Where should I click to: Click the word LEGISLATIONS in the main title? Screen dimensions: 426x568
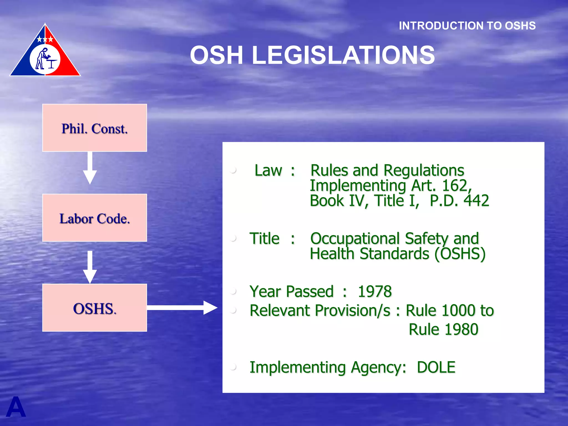coord(343,55)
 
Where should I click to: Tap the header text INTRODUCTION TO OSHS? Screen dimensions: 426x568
coord(467,26)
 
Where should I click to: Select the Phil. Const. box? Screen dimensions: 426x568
coord(95,128)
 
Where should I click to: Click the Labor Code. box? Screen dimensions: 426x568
coord(95,218)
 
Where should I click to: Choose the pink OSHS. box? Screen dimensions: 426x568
coord(95,308)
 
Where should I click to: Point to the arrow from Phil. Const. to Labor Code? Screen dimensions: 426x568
coord(90,168)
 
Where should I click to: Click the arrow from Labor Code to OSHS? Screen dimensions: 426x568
coord(90,267)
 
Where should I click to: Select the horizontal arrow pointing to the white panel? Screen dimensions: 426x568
coord(182,308)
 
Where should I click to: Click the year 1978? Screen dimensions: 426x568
coord(375,291)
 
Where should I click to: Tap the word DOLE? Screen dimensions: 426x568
coord(436,367)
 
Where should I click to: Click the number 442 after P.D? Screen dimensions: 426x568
coord(476,201)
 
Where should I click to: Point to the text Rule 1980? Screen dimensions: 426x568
coord(443,329)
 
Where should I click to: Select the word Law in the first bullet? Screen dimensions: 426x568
coord(268,170)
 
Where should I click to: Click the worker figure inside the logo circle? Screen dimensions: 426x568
coord(42,59)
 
